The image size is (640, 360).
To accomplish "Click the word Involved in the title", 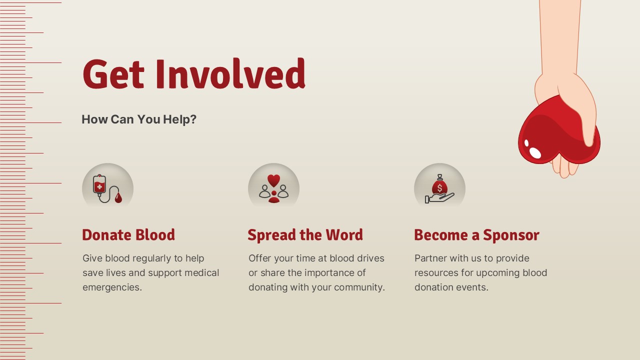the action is coord(230,73).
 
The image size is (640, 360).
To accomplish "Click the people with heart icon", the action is coord(273,188).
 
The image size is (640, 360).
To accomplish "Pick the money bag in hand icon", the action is coord(439,188).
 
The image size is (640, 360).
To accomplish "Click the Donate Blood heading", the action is coord(128,235).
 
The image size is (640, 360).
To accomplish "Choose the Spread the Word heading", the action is coord(305,235).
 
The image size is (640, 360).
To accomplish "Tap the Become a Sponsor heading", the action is coord(476,235).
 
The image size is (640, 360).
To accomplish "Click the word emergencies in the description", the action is coord(112,287).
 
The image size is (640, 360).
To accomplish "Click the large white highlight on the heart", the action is coord(535,152).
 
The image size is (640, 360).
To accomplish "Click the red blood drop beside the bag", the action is coord(118,197).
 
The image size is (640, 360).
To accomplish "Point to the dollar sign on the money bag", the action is coord(439,188).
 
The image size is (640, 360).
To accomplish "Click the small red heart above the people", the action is coord(273,180).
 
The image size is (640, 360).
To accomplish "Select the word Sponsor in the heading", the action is coord(511,235).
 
